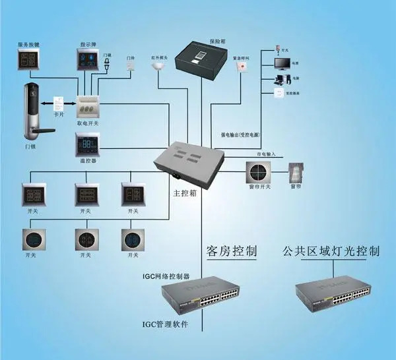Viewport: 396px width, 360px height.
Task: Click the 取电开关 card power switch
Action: [x=88, y=105]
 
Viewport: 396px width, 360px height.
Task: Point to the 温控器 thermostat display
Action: [x=89, y=144]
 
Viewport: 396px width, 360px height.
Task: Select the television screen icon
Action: [x=281, y=64]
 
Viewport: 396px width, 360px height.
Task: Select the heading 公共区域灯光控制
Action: [x=331, y=251]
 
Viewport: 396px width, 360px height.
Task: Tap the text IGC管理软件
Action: [x=166, y=324]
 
